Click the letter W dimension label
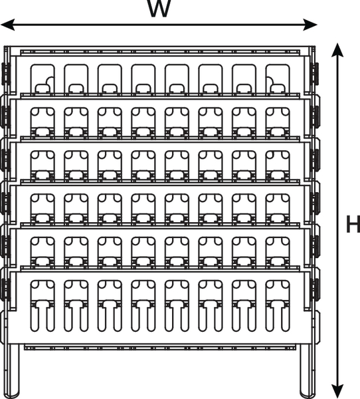pos(159,9)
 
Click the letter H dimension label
pos(353,224)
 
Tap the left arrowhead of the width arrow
pos(7,25)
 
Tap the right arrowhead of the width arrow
pos(310,25)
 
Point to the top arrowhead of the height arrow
pos(337,50)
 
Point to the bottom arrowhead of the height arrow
pos(337,391)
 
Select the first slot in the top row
pos(43,79)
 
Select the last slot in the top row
pos(278,79)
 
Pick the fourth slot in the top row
pos(143,79)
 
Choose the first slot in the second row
pos(43,122)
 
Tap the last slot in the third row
pos(278,166)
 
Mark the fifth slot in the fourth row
pos(177,209)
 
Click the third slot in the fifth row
pos(110,252)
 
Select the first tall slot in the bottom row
pos(43,306)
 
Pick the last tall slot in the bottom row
pos(278,306)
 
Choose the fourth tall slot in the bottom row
pos(143,306)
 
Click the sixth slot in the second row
pos(211,122)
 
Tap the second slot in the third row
pos(76,166)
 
